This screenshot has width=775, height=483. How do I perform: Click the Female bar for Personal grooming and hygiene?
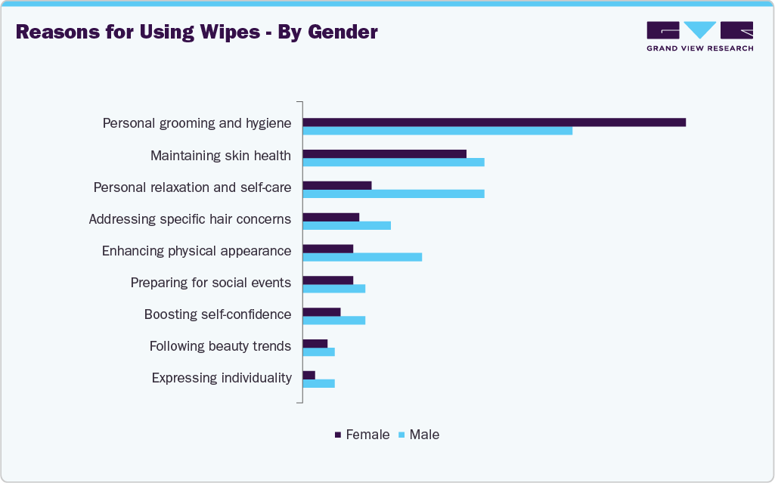click(x=494, y=122)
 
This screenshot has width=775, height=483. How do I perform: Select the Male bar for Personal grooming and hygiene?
click(x=437, y=131)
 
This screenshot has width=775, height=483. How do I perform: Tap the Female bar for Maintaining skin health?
click(x=384, y=154)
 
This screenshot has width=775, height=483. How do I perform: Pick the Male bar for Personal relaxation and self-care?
click(x=393, y=194)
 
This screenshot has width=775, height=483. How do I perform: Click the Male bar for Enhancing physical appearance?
click(x=362, y=257)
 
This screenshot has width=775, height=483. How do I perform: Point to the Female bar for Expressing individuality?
click(x=308, y=375)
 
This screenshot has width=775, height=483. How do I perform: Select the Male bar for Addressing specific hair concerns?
click(x=346, y=225)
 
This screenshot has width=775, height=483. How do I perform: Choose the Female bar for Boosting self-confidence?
click(x=321, y=311)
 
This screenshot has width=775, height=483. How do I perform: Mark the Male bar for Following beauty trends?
click(x=318, y=352)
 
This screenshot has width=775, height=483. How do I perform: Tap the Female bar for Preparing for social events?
click(x=327, y=280)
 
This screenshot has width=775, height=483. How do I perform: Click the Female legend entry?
click(x=362, y=435)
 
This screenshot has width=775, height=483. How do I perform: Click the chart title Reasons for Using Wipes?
click(x=197, y=33)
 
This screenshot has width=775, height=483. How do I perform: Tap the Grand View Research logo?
click(x=699, y=36)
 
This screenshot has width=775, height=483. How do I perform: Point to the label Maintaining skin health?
click(x=220, y=156)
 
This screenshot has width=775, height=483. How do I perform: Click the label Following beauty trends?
click(x=220, y=346)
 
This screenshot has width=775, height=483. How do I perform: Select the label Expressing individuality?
click(x=222, y=378)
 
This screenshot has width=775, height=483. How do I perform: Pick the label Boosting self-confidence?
click(x=218, y=314)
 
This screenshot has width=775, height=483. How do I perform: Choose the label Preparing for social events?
click(x=210, y=283)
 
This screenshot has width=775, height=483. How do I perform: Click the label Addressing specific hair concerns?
click(x=190, y=219)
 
